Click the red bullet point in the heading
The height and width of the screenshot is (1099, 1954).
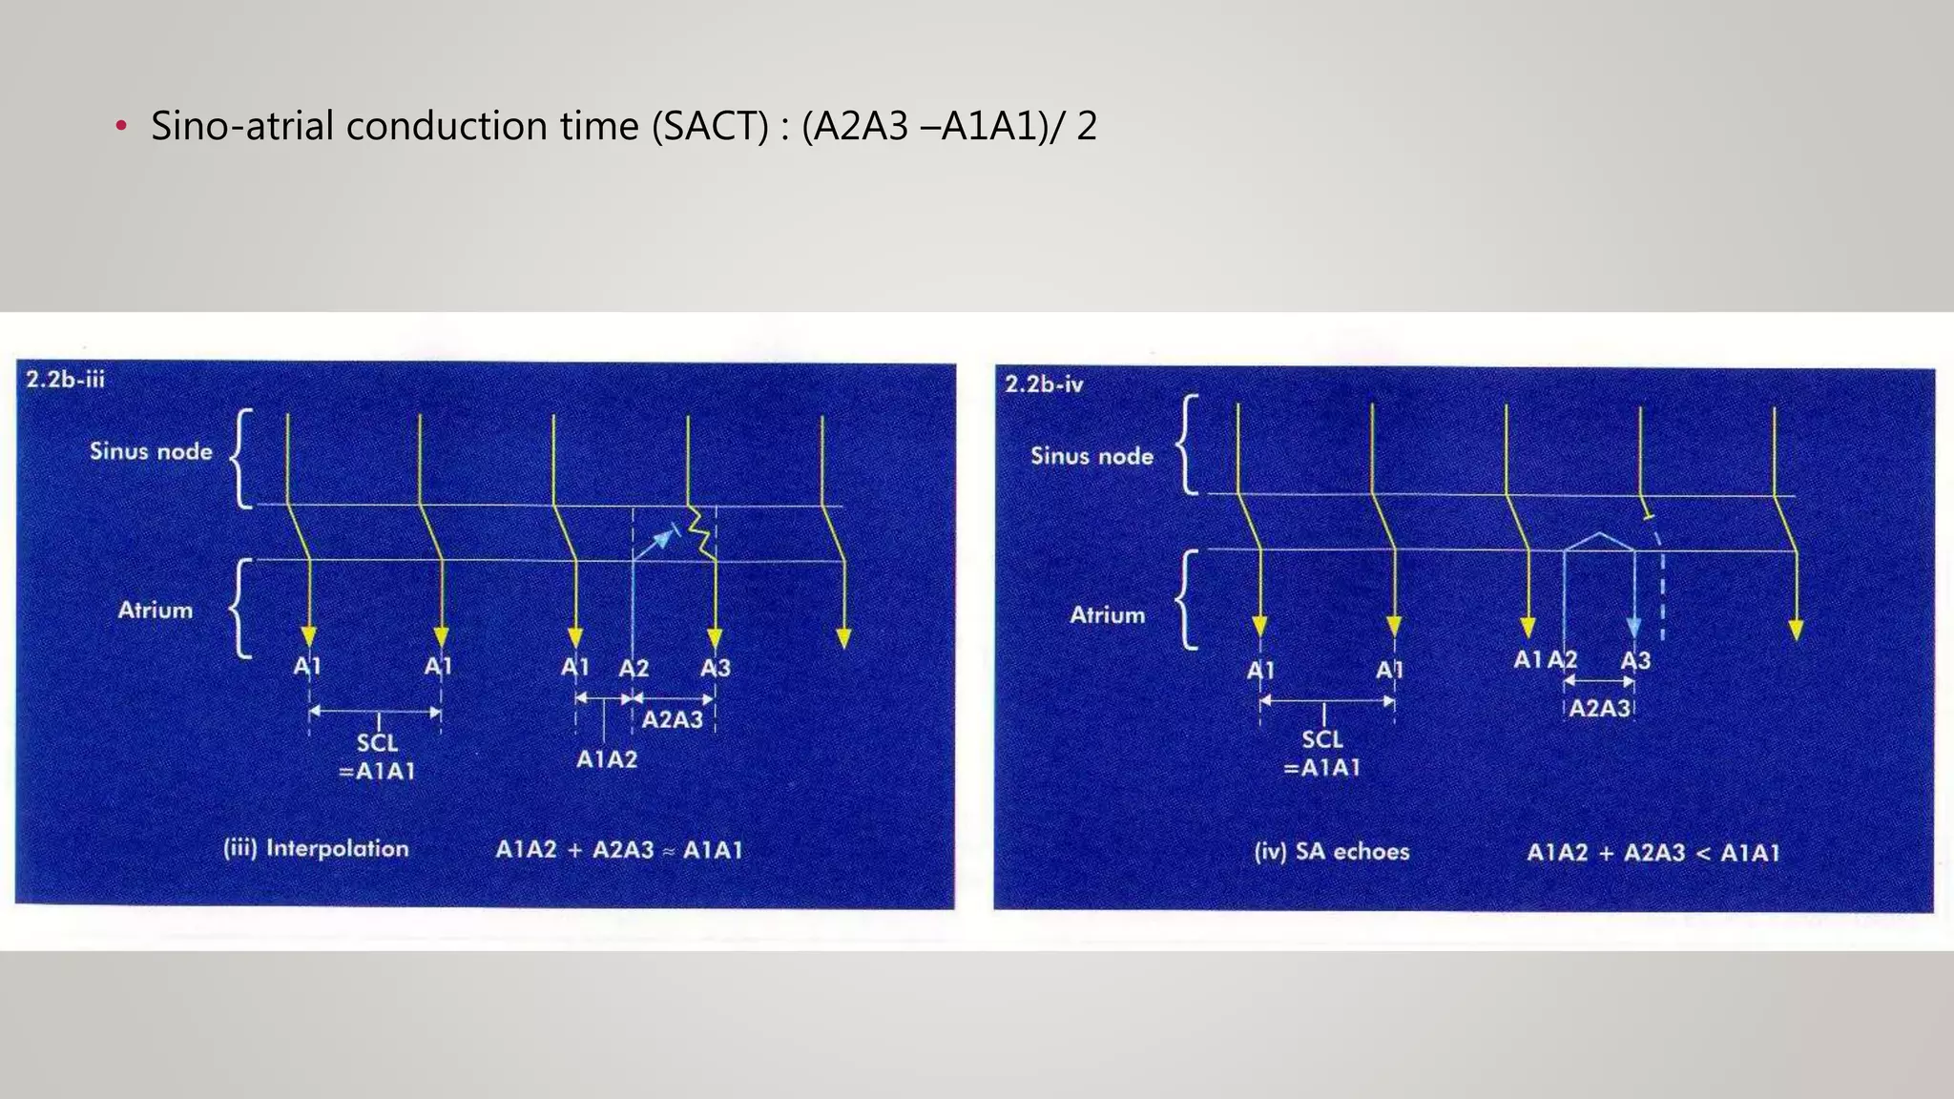[x=120, y=127]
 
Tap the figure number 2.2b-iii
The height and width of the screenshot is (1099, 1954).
[x=65, y=380]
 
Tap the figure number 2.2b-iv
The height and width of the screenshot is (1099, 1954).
[x=1044, y=384]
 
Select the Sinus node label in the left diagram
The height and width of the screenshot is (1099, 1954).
[x=151, y=451]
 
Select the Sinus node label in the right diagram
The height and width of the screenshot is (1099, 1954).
[x=1091, y=456]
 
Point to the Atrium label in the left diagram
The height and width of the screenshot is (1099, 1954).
[x=155, y=610]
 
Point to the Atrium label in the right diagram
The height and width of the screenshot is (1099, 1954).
[x=1107, y=615]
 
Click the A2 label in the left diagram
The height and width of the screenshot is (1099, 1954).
[x=634, y=668]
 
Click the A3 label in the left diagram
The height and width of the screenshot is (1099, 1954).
[x=715, y=668]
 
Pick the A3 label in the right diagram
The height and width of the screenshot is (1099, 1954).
[x=1635, y=660]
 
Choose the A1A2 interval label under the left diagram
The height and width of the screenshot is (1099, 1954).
[x=607, y=759]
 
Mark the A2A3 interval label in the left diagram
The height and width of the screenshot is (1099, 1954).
[x=672, y=719]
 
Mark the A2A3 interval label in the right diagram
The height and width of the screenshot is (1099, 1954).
[x=1600, y=709]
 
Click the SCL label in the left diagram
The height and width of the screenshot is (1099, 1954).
[x=377, y=742]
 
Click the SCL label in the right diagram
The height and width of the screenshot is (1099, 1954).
[x=1322, y=739]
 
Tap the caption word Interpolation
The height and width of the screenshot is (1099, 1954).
[x=337, y=848]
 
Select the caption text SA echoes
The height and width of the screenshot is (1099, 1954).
[x=1352, y=851]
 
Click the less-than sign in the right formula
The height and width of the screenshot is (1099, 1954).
[x=1702, y=853]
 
